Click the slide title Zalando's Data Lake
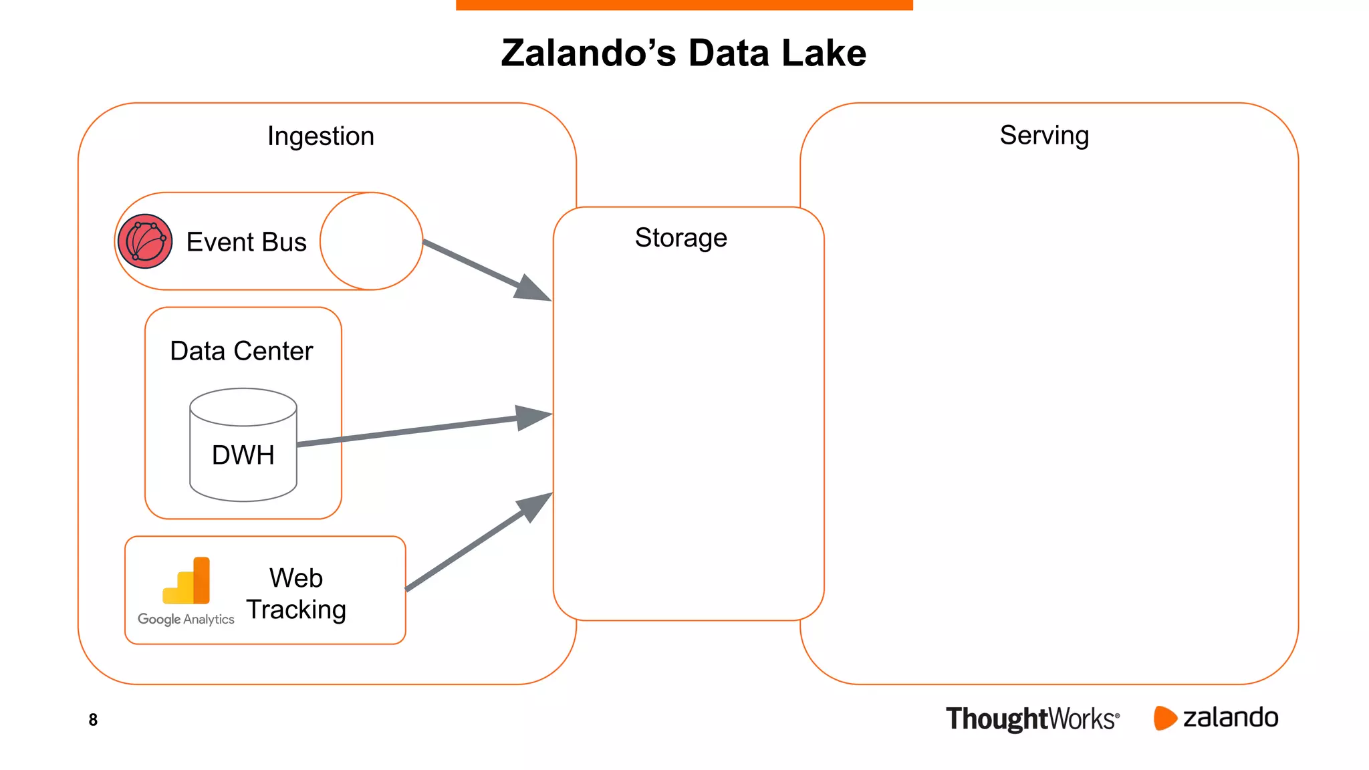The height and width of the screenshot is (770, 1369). coord(683,53)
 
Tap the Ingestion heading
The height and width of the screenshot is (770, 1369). coord(321,136)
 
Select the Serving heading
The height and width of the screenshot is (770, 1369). coord(1044,136)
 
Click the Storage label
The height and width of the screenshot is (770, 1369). coord(680,238)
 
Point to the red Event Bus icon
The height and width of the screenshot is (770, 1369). coord(145,241)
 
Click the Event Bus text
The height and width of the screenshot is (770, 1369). coord(246,242)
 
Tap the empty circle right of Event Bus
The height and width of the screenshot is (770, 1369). coord(371,241)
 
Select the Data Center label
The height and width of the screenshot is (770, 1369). coord(241,351)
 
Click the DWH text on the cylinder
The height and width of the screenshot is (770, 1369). coord(243,455)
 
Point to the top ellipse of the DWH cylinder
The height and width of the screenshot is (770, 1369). coord(243,406)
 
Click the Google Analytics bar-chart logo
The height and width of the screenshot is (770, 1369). coord(188,582)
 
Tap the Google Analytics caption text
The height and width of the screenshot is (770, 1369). coord(186,620)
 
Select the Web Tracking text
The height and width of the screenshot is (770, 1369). coord(296,594)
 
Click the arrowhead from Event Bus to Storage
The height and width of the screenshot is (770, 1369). coord(534,290)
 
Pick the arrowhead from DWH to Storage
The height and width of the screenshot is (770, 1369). coord(535,417)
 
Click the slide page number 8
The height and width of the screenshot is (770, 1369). coord(93,720)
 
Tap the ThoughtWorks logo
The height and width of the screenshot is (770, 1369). coord(1032,719)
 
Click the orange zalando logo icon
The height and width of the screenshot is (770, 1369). coord(1164,718)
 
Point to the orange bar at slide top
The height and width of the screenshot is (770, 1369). coord(684,5)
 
